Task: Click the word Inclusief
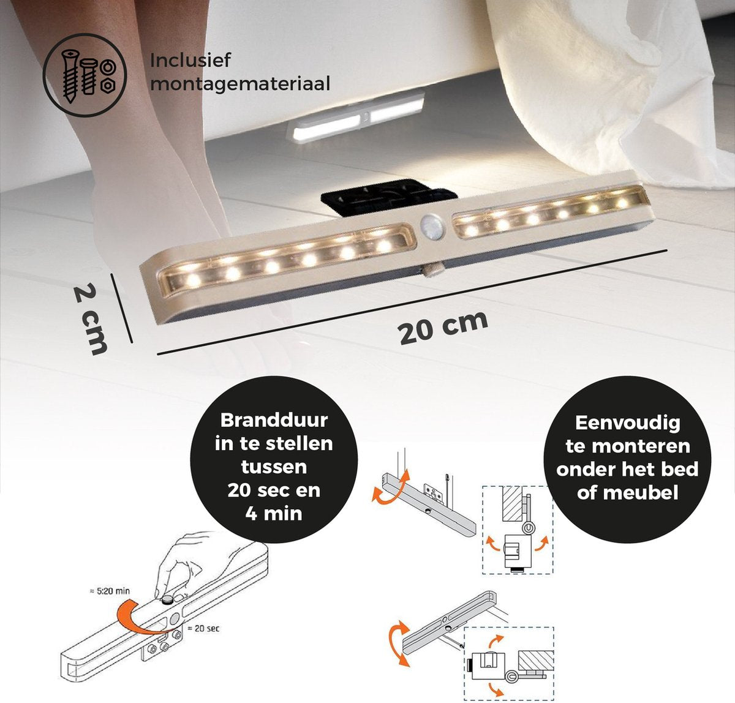pos(190,60)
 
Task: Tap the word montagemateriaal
pos(240,83)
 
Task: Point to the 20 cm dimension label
pos(443,327)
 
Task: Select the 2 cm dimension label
pos(90,320)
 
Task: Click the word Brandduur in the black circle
pos(274,420)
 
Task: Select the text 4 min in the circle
pos(274,513)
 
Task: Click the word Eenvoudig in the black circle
pos(627,424)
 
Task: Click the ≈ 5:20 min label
pos(110,591)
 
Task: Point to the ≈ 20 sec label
pos(203,628)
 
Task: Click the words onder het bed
pos(627,470)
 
